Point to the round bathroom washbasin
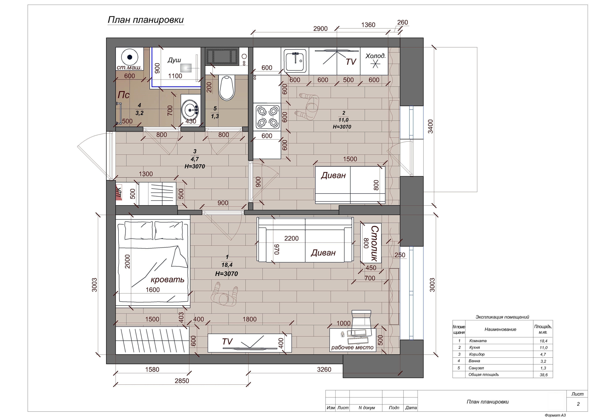point(190,110)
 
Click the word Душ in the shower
point(174,60)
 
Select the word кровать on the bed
point(167,280)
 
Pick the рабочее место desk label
point(352,347)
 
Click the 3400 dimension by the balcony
point(430,126)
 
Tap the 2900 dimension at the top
point(320,29)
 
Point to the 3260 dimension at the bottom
point(324,369)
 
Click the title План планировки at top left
point(146,20)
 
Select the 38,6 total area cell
point(544,375)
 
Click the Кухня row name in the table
point(475,347)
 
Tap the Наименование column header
point(500,329)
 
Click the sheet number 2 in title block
point(578,404)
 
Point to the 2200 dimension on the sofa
point(291,238)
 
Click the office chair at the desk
point(361,322)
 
